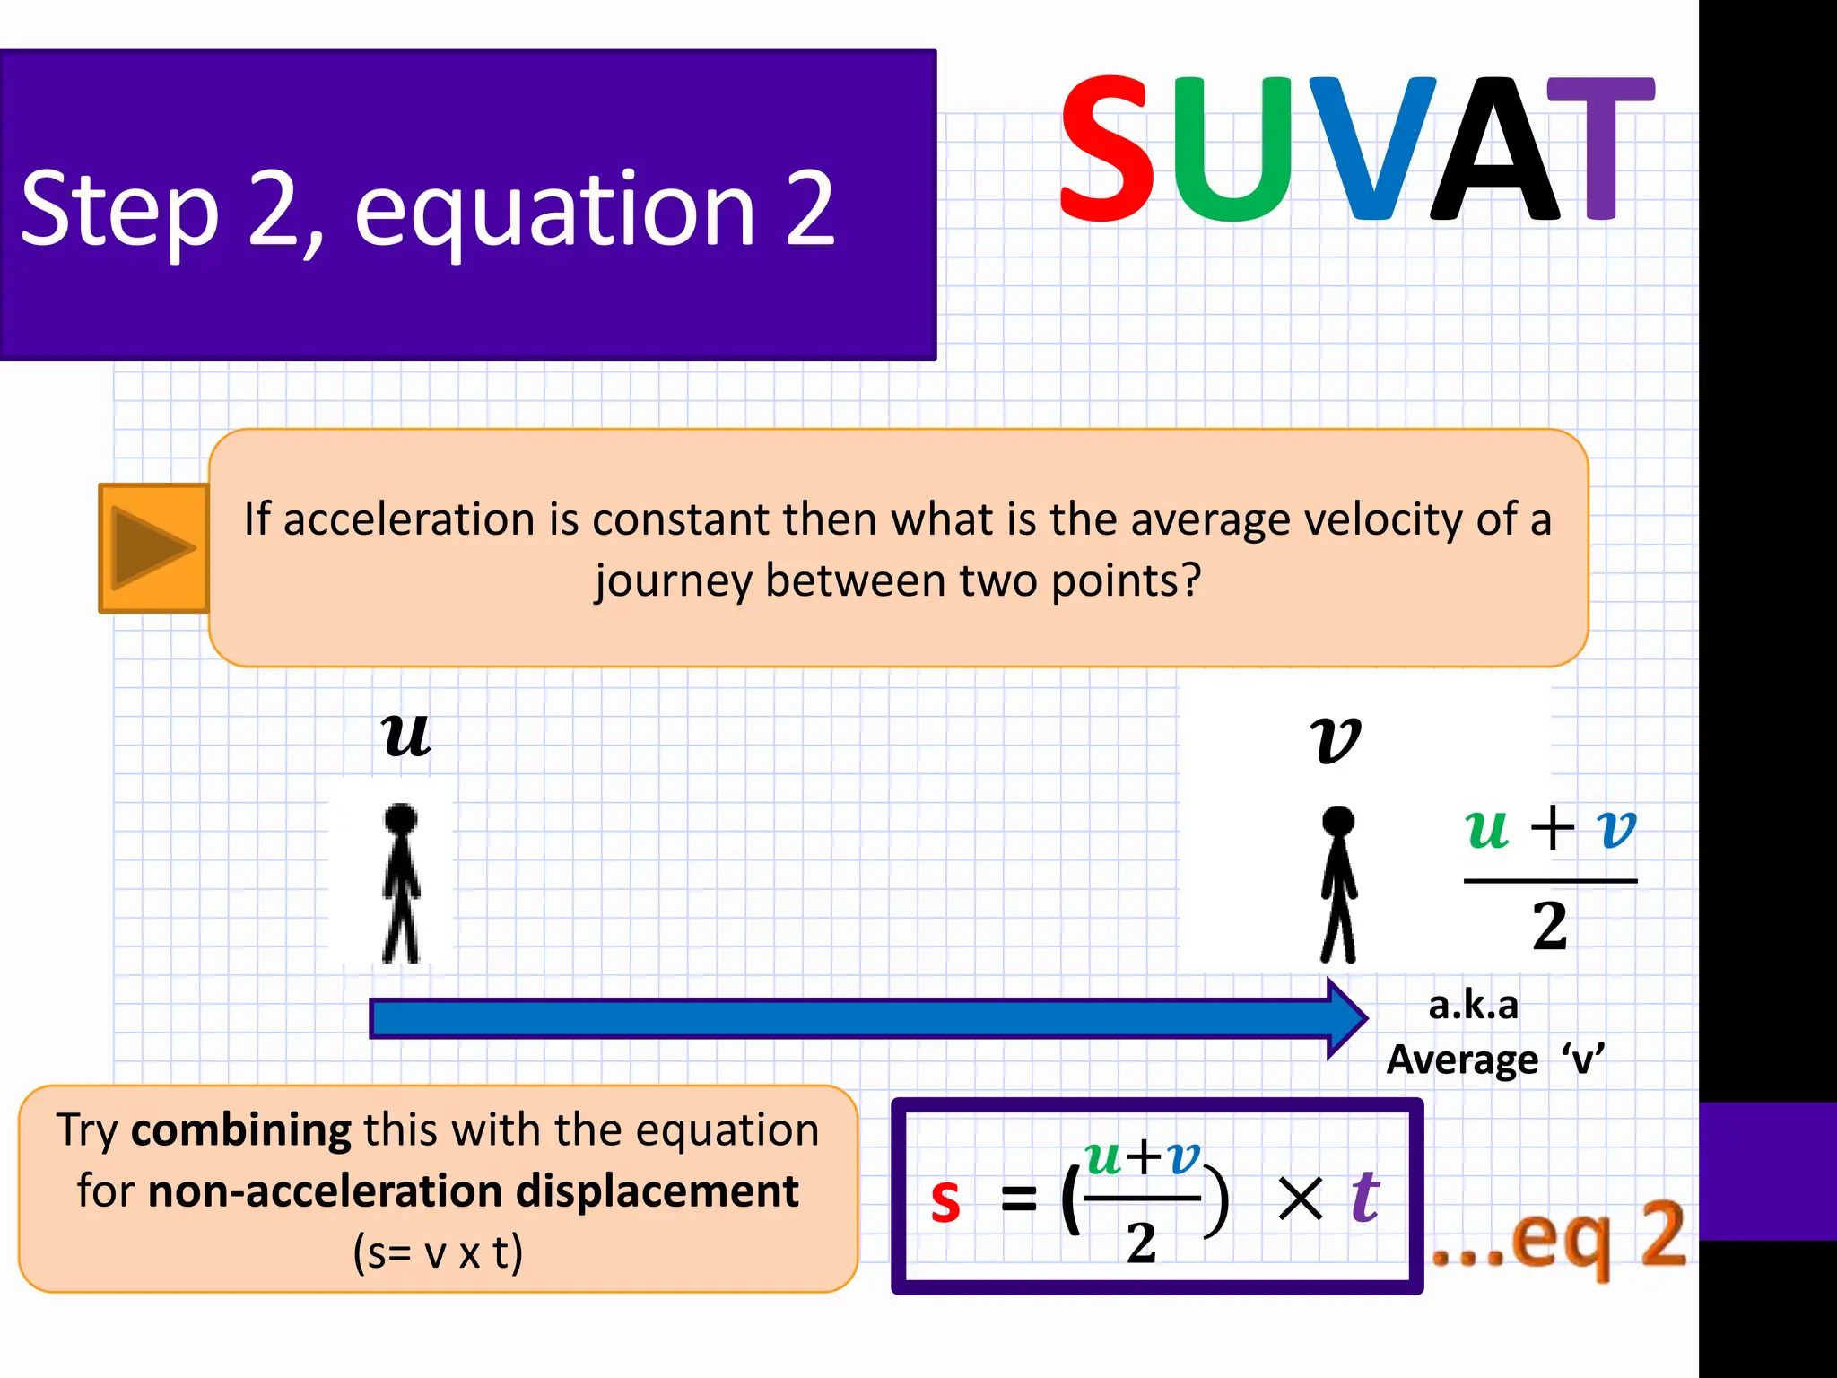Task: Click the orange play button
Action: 153,548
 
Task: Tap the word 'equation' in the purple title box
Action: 555,213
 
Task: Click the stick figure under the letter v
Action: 1338,884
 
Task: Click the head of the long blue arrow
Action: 1346,1018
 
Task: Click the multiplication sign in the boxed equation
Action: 1300,1199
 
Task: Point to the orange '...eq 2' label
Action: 1558,1237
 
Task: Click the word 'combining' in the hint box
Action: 240,1130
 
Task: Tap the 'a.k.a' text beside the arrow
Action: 1473,1005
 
